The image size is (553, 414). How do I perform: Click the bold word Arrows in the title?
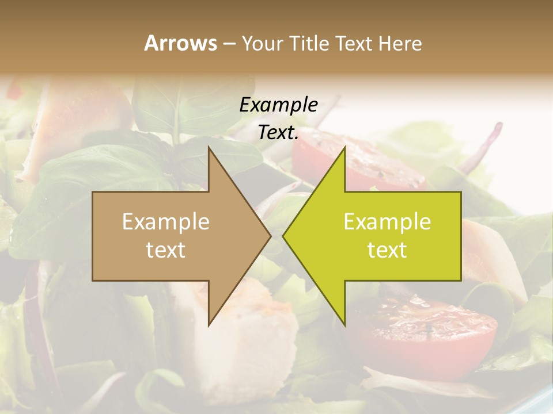[180, 43]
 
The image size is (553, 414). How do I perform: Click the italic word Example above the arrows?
[278, 105]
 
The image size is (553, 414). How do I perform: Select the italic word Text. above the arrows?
[278, 133]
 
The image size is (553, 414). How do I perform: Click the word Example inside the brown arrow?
[166, 222]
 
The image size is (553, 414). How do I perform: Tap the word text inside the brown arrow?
[166, 250]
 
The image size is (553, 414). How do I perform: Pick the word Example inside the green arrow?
[387, 222]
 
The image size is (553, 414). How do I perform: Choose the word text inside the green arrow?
[387, 250]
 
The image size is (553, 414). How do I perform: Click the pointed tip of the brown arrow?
[270, 236]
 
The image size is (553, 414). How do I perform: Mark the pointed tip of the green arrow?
[284, 236]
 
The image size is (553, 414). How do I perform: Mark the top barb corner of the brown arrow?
[209, 147]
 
